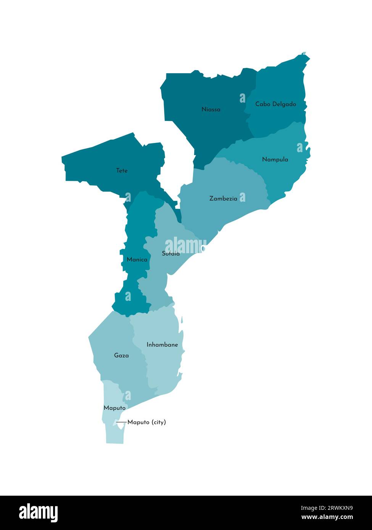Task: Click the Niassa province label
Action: pos(211,109)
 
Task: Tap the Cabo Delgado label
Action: pos(275,104)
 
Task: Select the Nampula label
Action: pos(275,159)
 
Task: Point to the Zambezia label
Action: pos(223,199)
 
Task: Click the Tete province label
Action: pos(122,170)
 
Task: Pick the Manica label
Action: pos(137,260)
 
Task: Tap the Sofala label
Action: pos(171,254)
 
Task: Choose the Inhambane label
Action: pos(162,345)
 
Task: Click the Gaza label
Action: pos(121,355)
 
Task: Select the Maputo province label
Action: pos(114,408)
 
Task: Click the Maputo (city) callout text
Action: pos(147,422)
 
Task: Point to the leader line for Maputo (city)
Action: pos(121,422)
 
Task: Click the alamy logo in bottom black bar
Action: pos(38,513)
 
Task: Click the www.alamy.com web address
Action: pos(327,517)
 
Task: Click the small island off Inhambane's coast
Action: pos(182,320)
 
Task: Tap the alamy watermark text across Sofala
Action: pos(185,245)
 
